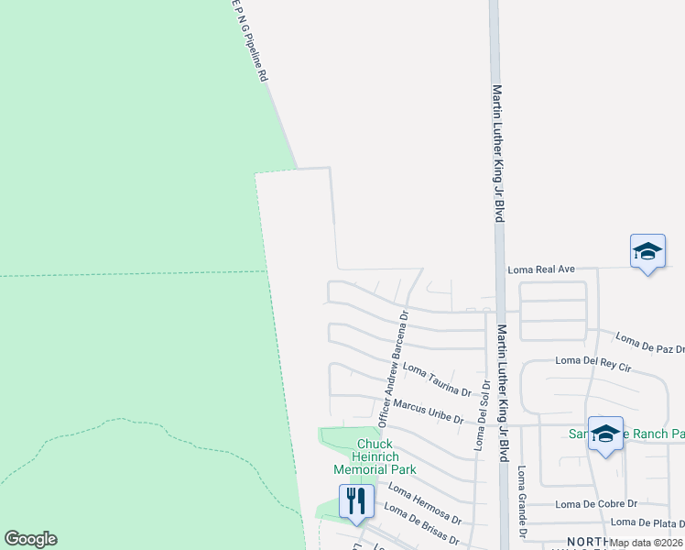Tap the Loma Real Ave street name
pos(541,269)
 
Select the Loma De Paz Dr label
pos(650,343)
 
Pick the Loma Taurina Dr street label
pos(437,380)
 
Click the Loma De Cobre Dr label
pos(596,504)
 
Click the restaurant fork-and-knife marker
pos(356,500)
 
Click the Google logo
pos(30,539)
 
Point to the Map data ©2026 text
pos(647,543)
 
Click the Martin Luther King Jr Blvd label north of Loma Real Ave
pos(499,152)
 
